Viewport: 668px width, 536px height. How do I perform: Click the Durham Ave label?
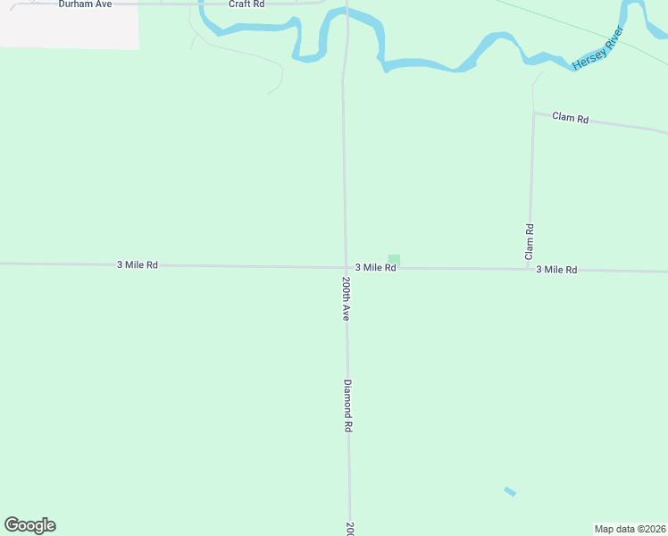click(85, 4)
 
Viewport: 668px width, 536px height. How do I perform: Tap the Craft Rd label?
click(246, 4)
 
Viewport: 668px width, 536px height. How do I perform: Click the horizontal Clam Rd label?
click(570, 118)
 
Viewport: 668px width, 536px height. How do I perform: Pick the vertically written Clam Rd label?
click(530, 241)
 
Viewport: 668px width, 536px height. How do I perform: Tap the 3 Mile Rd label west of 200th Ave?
click(137, 265)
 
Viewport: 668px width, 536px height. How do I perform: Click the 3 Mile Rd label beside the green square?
click(375, 267)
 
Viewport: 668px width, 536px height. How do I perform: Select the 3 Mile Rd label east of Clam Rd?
click(556, 269)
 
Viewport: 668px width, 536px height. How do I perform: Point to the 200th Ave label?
click(346, 298)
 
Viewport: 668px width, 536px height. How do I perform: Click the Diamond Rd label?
click(348, 406)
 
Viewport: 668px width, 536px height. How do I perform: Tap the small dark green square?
click(394, 260)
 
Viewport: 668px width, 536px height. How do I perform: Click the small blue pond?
click(510, 491)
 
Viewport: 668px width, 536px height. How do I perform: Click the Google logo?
click(30, 525)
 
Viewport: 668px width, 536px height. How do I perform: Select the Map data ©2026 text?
click(630, 529)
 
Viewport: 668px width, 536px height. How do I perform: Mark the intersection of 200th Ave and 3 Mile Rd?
click(347, 267)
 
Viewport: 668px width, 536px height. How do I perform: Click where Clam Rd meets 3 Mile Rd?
click(530, 268)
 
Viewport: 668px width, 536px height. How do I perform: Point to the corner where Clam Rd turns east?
click(534, 113)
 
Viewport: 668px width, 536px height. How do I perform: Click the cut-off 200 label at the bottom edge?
click(350, 528)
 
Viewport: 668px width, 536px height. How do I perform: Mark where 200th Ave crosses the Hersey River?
click(347, 18)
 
